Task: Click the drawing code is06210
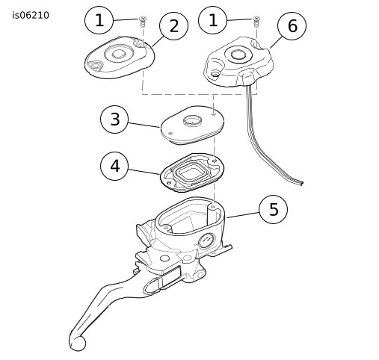(31, 16)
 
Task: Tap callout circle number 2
(173, 26)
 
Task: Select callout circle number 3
(114, 120)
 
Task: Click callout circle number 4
(114, 166)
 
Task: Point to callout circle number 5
(274, 209)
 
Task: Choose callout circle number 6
(292, 25)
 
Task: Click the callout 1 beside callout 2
(99, 20)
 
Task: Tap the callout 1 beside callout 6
(213, 20)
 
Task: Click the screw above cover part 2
(143, 22)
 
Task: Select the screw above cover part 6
(256, 22)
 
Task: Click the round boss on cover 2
(119, 54)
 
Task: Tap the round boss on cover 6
(238, 54)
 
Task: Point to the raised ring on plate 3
(192, 120)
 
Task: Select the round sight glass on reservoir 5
(206, 240)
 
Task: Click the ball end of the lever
(78, 344)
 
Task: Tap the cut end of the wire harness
(302, 183)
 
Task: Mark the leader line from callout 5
(243, 215)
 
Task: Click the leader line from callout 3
(144, 125)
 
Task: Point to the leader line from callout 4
(144, 172)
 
